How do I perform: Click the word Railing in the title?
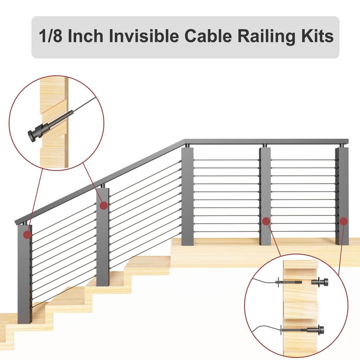click(x=260, y=37)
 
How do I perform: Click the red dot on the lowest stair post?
click(x=27, y=235)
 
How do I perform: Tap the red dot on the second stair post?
click(x=103, y=206)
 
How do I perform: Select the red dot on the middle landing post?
click(x=266, y=221)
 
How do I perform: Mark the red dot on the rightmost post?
click(x=343, y=221)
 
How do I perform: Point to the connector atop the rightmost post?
click(x=341, y=145)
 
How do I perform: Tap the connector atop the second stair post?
click(x=103, y=186)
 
